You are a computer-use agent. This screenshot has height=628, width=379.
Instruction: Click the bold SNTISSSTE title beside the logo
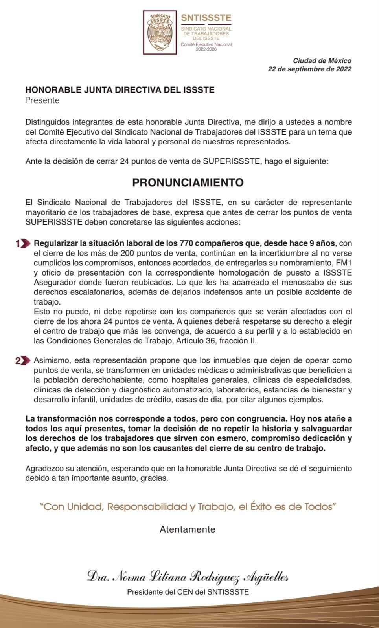(x=206, y=18)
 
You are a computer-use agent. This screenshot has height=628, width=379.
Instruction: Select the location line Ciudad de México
(x=322, y=61)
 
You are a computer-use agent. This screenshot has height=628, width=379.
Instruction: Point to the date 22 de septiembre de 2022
(x=309, y=69)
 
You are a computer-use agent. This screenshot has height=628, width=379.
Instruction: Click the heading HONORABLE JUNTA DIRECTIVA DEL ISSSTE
(x=120, y=90)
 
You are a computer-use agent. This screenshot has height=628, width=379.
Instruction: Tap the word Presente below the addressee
(x=42, y=100)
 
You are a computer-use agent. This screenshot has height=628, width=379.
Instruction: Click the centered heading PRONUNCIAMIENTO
(x=188, y=183)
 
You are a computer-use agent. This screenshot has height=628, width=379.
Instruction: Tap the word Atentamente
(x=188, y=529)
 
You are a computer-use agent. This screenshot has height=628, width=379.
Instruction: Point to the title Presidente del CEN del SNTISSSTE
(x=188, y=592)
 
